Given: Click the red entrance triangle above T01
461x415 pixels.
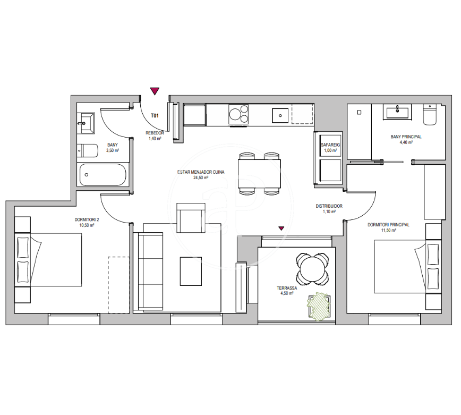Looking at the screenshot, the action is coord(155,91).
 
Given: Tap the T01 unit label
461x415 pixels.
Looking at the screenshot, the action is coord(155,116).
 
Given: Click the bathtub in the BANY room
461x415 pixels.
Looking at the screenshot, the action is coord(103,175).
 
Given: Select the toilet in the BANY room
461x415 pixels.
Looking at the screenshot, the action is coord(88,150).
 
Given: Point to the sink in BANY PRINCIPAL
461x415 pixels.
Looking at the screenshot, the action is coord(397,112).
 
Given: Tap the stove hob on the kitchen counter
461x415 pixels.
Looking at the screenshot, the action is coord(238,114).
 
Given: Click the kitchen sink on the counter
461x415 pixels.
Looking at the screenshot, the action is coord(280,115).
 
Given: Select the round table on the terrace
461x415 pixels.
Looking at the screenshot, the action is coord(312,268).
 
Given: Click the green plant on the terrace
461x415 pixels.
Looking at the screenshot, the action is coord(319,306).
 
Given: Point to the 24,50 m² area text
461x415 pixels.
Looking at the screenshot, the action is coord(201,177).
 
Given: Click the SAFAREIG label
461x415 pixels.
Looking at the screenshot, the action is coord(330,145).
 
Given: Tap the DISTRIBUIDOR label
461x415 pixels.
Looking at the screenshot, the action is coord(329,206).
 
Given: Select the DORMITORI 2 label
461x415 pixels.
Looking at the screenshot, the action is coord(87,219).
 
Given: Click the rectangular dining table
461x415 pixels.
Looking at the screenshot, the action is coord(259,174).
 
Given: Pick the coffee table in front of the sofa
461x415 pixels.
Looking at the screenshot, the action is coord(191,271).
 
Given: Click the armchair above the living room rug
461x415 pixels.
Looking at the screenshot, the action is coord(191,218).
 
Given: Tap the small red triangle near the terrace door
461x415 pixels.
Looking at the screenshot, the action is coord(281,228).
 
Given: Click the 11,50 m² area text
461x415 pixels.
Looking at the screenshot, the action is coord(388,230).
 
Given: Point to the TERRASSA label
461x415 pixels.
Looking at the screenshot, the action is coord(287,288).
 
